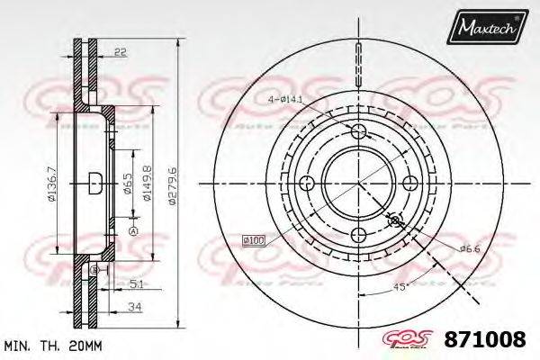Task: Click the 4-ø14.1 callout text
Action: click(x=283, y=97)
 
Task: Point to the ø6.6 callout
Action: click(x=468, y=248)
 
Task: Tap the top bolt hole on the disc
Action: click(x=359, y=133)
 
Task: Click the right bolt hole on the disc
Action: click(x=411, y=184)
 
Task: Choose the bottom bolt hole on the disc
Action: click(x=359, y=235)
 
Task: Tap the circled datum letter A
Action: click(x=133, y=232)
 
